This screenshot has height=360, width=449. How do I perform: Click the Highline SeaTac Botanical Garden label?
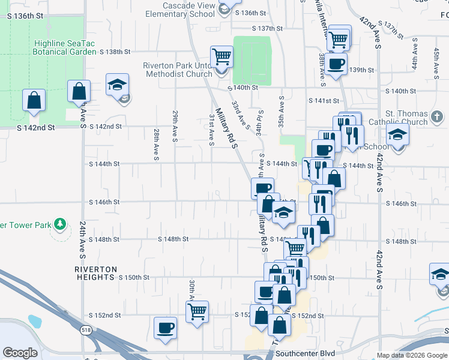click(x=65, y=47)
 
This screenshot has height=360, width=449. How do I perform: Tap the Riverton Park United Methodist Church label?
click(x=177, y=70)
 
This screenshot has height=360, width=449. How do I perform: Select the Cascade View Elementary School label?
click(x=179, y=10)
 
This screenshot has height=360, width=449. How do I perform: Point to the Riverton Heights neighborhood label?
click(x=95, y=274)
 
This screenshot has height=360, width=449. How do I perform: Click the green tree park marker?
click(x=59, y=224)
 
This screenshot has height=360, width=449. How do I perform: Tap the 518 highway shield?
click(x=86, y=329)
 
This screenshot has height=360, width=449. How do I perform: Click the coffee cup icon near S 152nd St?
click(x=165, y=328)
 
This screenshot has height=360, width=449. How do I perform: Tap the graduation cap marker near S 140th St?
click(x=118, y=85)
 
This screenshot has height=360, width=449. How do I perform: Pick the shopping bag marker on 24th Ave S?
click(x=79, y=92)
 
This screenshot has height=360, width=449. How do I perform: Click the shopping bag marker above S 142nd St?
click(x=34, y=100)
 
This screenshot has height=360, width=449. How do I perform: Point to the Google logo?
click(x=20, y=353)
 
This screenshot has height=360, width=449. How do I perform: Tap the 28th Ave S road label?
click(x=156, y=143)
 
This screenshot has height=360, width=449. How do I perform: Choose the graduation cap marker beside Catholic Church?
click(x=397, y=135)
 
